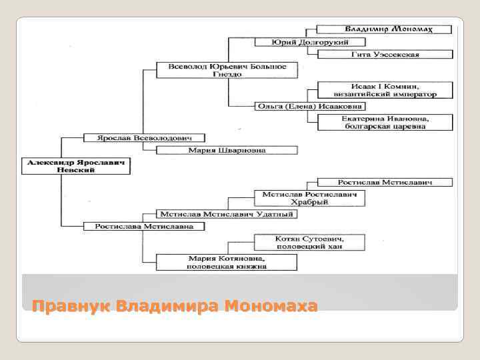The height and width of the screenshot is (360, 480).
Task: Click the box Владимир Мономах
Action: [385, 29]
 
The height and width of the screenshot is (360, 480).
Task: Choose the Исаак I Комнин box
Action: [385, 90]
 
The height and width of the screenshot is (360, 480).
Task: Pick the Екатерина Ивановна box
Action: [385, 122]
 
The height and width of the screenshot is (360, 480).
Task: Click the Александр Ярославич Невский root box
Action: [76, 166]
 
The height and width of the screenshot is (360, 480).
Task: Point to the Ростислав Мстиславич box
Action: [385, 182]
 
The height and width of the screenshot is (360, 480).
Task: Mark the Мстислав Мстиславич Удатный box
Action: [227, 214]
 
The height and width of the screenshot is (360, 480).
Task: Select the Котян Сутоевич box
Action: [311, 243]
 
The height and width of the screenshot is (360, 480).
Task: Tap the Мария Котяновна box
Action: [227, 262]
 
